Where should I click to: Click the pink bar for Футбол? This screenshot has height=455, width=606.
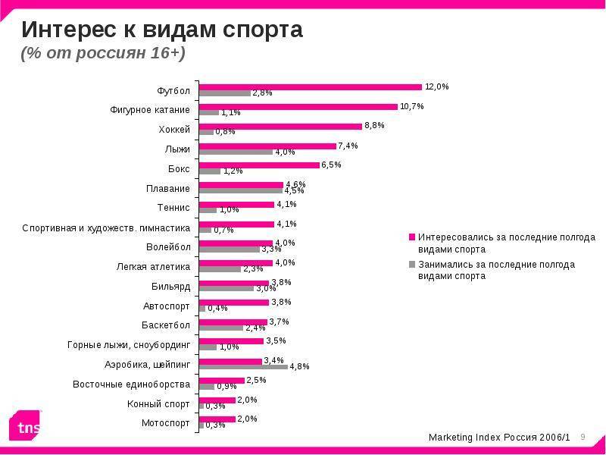click(x=311, y=86)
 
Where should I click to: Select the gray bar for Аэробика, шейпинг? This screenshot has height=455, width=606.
click(x=243, y=366)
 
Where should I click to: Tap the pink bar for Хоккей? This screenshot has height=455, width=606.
click(x=280, y=126)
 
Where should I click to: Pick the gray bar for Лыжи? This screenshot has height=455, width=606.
click(x=236, y=152)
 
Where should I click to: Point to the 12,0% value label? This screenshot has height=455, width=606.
click(x=437, y=86)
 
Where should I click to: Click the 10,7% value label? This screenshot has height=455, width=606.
click(x=412, y=106)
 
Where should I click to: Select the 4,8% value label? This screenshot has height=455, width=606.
click(x=300, y=366)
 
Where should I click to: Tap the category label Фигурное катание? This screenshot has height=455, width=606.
click(x=150, y=110)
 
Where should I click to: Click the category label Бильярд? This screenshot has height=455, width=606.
click(x=170, y=286)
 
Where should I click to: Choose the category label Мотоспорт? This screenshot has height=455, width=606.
click(x=166, y=422)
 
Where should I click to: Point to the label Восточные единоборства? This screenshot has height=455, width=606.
click(x=131, y=384)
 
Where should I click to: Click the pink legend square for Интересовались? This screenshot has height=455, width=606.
click(x=413, y=237)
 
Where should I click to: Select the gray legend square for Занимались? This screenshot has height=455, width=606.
click(x=413, y=265)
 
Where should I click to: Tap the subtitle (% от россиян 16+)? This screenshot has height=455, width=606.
click(x=103, y=55)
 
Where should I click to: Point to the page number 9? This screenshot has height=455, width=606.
click(x=583, y=437)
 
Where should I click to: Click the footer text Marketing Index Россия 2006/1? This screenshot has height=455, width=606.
click(x=499, y=438)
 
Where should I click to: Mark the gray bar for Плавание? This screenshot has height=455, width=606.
click(x=240, y=190)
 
